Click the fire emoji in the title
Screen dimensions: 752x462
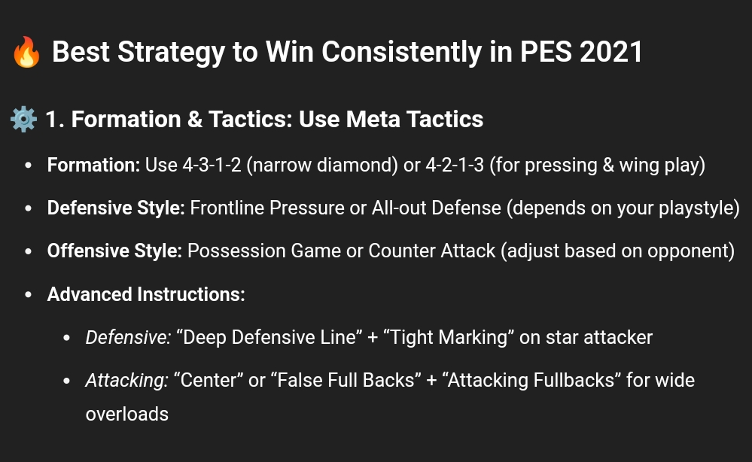point(26,52)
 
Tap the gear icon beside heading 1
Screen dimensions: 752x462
point(23,120)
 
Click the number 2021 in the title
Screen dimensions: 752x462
point(611,52)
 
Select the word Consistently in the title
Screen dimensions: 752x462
point(401,52)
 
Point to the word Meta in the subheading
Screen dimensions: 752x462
point(373,120)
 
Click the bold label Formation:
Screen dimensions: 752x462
point(93,165)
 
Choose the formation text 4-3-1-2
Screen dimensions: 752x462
point(212,165)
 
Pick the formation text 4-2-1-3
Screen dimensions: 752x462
point(455,165)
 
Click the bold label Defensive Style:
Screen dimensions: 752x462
point(116,208)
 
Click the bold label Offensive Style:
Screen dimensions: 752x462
point(114,251)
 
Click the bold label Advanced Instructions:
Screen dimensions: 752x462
point(146,294)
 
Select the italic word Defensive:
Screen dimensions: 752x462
point(128,337)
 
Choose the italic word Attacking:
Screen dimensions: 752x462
point(127,381)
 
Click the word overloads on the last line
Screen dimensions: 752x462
point(127,414)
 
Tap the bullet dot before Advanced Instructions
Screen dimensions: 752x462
point(29,294)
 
